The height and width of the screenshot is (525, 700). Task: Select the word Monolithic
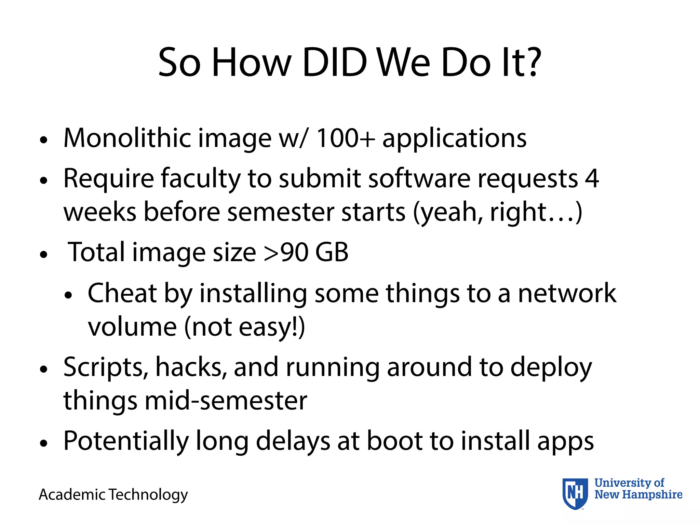point(127,138)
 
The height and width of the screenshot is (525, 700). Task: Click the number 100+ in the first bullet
point(346,138)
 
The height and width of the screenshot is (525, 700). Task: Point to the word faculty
point(201,179)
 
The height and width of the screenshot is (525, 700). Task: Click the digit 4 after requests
point(592,178)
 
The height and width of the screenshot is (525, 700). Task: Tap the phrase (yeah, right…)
point(498,213)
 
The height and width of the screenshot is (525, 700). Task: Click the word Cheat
point(122,293)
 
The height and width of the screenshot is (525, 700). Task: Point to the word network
point(567,293)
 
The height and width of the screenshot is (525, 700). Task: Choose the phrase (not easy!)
point(245,327)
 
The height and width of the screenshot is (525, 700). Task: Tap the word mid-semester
point(226,401)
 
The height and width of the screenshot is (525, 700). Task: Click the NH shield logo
point(575,494)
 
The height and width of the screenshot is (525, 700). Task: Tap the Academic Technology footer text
point(113,495)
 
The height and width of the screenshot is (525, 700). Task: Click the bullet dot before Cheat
point(69,295)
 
